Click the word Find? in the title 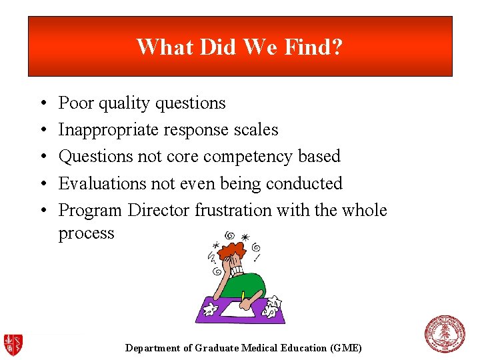[315, 47]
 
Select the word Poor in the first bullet [76, 103]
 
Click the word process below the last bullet [86, 233]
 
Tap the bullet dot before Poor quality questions [42, 104]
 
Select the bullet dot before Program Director [42, 211]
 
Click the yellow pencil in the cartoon [244, 296]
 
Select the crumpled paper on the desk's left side [209, 309]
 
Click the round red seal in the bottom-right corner [445, 335]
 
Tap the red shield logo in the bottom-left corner [13, 344]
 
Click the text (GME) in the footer [346, 348]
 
